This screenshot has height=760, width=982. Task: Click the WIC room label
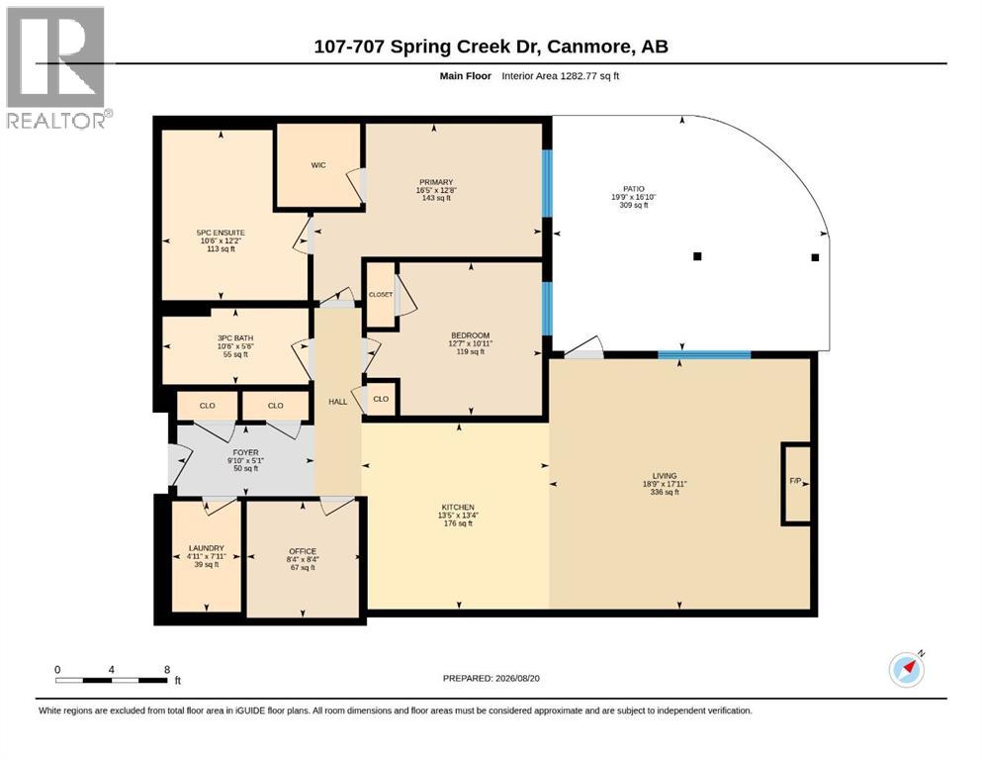(x=318, y=165)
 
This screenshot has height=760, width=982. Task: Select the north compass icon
(x=907, y=669)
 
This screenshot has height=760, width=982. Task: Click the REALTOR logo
(x=57, y=67)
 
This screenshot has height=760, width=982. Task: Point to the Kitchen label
(x=458, y=507)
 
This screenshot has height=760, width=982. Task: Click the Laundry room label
(x=206, y=548)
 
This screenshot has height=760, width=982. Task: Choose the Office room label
(x=303, y=551)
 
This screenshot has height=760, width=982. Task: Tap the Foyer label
(x=245, y=452)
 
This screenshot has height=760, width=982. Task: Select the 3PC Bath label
(x=235, y=338)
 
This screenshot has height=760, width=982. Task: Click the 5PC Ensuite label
(x=221, y=233)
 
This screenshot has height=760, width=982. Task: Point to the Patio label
(x=633, y=189)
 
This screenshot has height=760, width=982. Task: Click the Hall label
(x=337, y=402)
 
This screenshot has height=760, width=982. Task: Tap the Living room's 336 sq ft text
(x=665, y=492)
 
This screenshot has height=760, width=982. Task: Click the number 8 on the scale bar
(x=167, y=670)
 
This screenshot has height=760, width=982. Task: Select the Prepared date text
(x=491, y=678)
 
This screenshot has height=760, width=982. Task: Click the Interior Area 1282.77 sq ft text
(x=561, y=76)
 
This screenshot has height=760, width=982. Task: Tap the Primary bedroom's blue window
(x=547, y=183)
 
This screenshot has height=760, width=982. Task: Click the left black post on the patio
(x=697, y=256)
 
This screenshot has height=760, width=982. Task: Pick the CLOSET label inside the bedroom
(x=381, y=295)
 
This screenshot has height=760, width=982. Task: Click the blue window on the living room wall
(x=704, y=355)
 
